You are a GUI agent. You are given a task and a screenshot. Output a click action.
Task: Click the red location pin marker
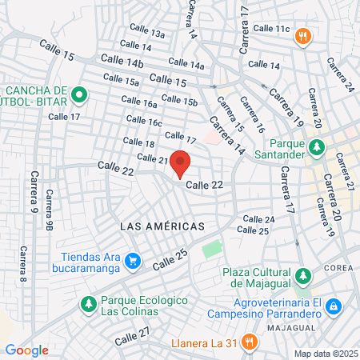(x=180, y=163)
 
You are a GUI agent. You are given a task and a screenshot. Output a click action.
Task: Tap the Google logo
(x=26, y=350)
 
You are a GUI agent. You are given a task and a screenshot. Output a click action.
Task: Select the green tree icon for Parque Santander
(x=318, y=147)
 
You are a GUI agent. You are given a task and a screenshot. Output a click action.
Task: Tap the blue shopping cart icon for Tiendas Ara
(x=132, y=261)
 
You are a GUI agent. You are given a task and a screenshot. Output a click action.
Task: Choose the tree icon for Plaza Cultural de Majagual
(x=302, y=276)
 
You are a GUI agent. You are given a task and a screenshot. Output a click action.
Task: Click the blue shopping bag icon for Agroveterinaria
(x=333, y=306)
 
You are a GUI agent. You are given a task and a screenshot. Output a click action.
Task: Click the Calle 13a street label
(x=149, y=34)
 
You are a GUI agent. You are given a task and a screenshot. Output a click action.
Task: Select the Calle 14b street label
(x=122, y=62)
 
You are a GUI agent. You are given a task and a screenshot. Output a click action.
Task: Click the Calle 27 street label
(x=132, y=336)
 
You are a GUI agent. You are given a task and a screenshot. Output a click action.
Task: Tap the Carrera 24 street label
(x=337, y=74)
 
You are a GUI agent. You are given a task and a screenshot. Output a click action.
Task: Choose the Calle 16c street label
(x=144, y=122)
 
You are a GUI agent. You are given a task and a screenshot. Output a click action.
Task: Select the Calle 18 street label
(x=138, y=142)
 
